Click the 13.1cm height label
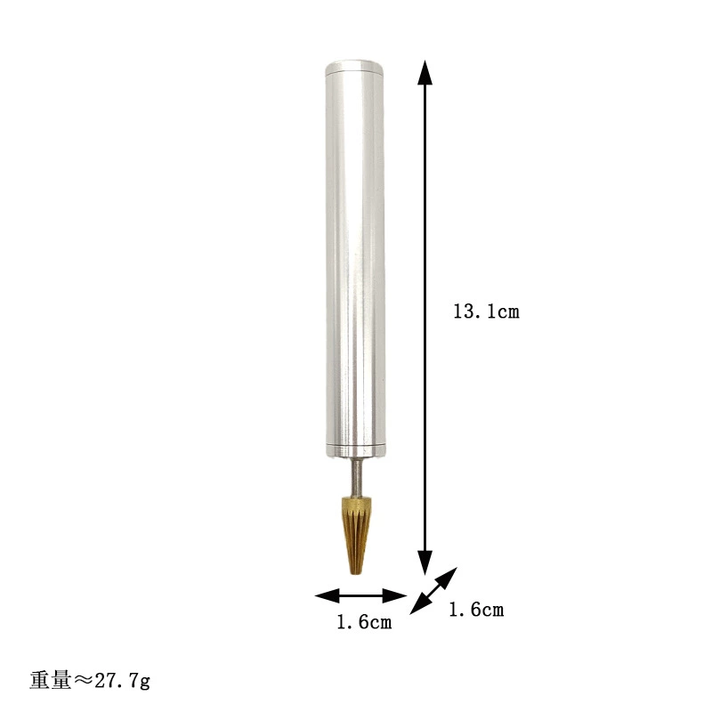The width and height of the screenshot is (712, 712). pos(486,311)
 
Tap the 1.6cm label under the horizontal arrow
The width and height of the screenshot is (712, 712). pos(364,621)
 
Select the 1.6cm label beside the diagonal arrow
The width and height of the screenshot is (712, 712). pos(476,610)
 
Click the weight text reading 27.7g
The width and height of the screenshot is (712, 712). pos(122,681)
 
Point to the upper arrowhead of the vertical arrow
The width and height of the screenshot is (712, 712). pos(425,73)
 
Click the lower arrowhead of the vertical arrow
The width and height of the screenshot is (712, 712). pos(425,562)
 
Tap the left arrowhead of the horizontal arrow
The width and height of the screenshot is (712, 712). pos(327,595)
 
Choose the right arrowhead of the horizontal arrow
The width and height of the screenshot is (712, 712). pos(394,595)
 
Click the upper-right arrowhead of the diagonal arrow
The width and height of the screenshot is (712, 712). pos(447,577)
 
